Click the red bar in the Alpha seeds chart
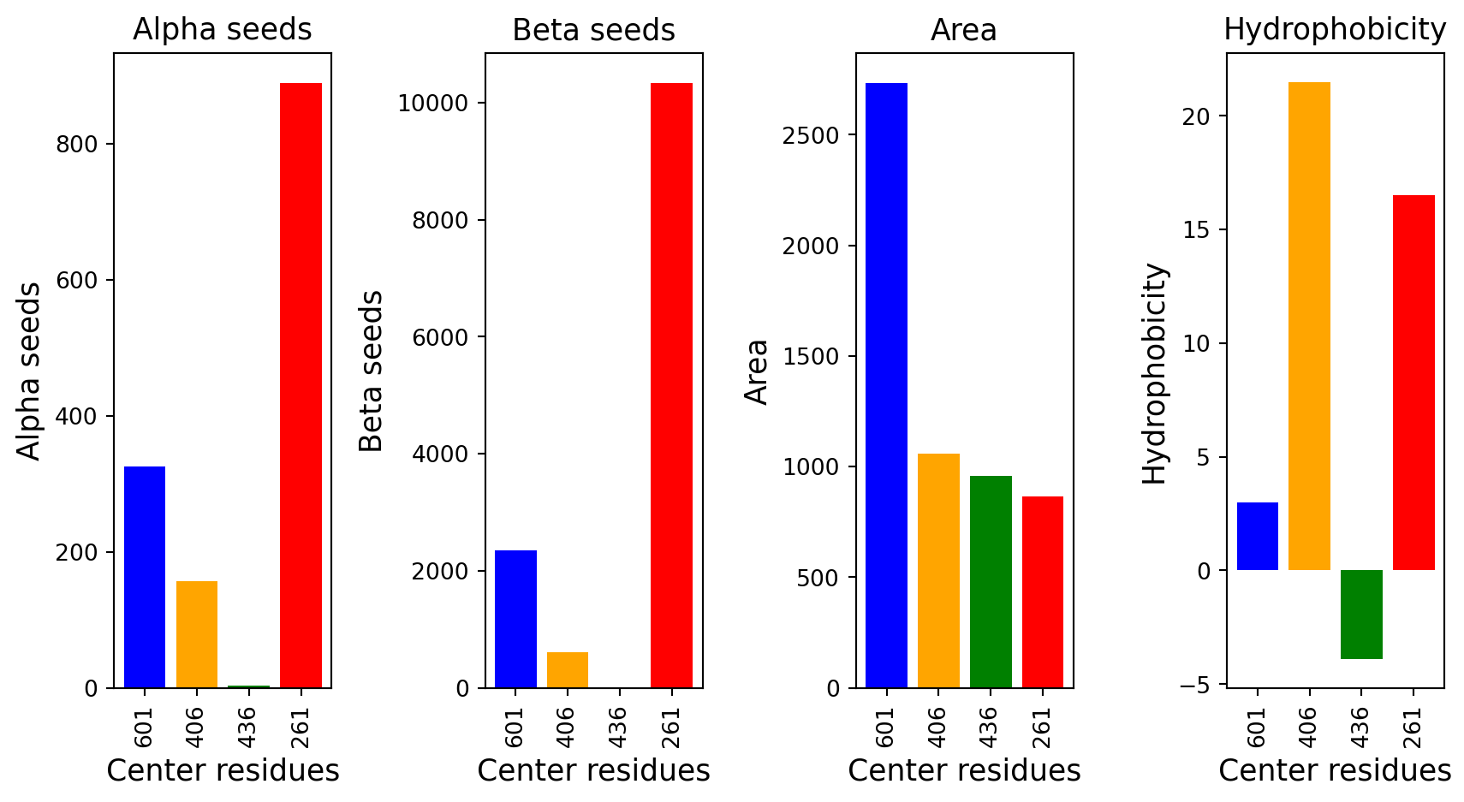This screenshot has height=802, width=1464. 301,385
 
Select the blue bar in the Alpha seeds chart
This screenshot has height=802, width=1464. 145,577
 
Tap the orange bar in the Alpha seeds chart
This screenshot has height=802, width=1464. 197,634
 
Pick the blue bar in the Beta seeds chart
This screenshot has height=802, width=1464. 515,619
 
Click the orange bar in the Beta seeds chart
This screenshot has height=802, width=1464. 568,670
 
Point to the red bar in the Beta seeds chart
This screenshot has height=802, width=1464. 672,385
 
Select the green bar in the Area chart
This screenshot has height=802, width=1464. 991,582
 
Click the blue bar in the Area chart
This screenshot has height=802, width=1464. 886,385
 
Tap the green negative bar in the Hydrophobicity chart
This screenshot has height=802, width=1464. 1361,615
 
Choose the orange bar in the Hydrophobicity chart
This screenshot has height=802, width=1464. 1309,326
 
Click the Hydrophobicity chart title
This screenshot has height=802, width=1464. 1335,29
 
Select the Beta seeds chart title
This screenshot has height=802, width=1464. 593,30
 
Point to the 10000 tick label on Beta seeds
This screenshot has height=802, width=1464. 433,104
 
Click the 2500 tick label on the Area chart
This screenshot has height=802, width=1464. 811,135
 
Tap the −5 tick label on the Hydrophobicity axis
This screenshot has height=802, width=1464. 1195,685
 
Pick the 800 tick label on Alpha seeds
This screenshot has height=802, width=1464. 76,145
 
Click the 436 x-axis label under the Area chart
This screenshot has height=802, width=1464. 991,727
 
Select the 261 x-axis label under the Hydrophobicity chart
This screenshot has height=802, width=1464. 1413,727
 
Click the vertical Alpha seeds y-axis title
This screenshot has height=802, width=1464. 28,371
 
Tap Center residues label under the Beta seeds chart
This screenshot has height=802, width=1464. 593,770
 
